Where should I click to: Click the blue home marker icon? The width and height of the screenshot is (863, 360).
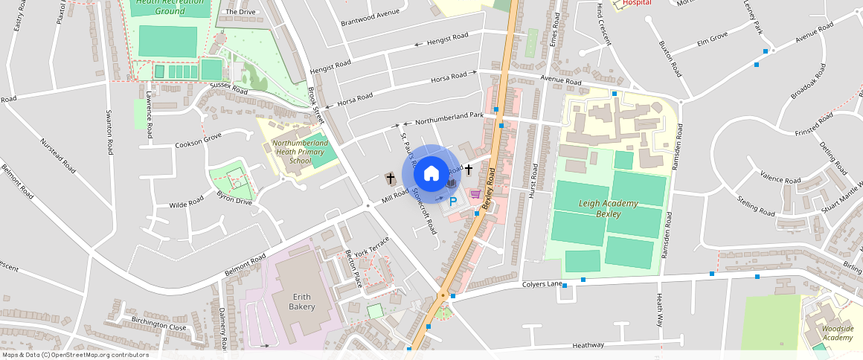pos(431,173)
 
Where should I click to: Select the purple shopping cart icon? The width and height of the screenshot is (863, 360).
pos(475,193)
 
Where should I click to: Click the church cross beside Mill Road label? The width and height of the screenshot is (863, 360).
pos(390,179)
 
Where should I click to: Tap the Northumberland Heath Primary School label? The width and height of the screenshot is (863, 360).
pos(300,151)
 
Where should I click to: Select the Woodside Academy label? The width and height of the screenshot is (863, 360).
pos(837,332)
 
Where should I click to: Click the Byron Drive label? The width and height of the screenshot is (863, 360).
pos(234,196)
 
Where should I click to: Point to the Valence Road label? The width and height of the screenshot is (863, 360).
pos(779,178)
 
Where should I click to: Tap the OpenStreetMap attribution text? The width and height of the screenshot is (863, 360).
pos(75,355)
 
